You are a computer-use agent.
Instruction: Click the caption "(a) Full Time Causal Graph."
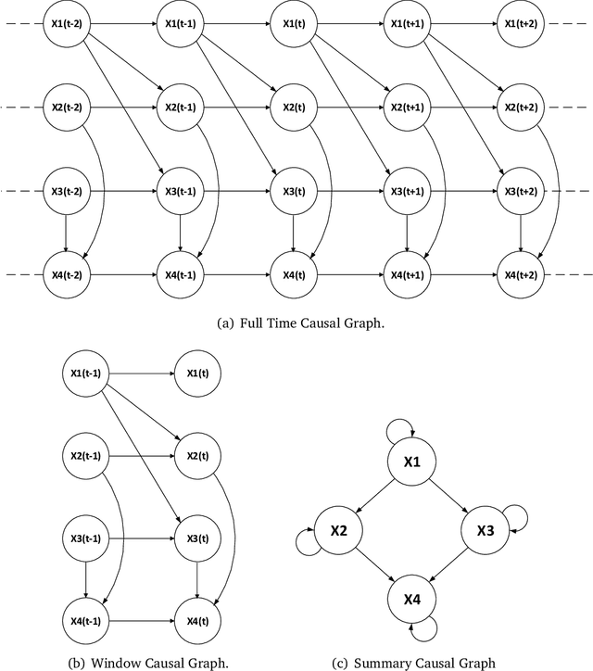coord(296,323)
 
